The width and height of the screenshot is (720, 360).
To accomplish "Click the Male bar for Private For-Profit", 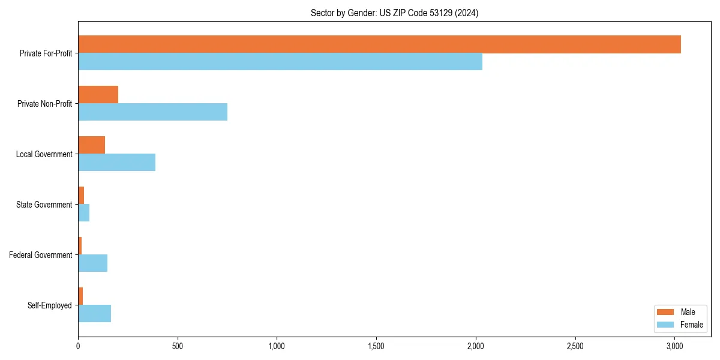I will [379, 44].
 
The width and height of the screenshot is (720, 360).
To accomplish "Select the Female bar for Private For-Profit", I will [280, 62].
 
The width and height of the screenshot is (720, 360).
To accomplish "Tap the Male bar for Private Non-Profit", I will [98, 95].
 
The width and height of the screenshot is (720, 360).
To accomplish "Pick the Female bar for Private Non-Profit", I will [153, 112].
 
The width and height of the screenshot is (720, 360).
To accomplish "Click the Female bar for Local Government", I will [117, 163].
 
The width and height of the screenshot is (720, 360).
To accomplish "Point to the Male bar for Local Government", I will [92, 145].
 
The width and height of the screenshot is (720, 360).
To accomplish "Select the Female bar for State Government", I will [84, 213].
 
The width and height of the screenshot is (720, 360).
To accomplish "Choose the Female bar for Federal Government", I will [93, 263].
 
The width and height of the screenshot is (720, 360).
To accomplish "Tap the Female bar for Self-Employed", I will [95, 314].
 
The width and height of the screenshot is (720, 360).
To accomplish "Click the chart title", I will [394, 13].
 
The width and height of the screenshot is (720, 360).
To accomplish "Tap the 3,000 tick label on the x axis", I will [674, 346].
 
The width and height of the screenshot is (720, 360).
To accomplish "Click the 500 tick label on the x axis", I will [178, 346].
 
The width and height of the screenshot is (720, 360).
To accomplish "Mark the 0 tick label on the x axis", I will [78, 346].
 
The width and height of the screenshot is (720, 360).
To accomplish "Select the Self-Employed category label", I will [50, 305].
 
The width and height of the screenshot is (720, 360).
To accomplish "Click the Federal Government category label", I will [41, 255].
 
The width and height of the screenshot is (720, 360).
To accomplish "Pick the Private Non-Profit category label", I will [44, 104].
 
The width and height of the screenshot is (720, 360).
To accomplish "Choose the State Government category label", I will [44, 205].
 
